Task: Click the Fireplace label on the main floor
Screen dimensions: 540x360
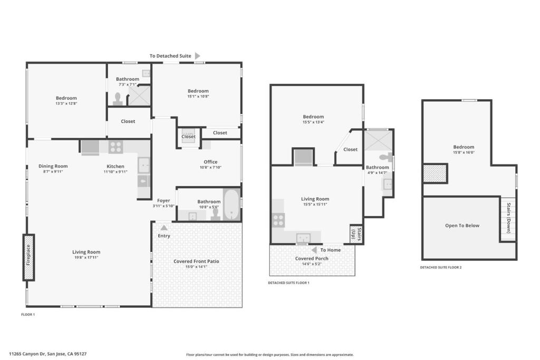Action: (28, 255)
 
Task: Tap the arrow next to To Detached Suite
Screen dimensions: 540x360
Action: (197, 56)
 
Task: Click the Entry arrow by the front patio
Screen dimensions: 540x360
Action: (164, 228)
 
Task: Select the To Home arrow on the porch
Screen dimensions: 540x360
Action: (314, 250)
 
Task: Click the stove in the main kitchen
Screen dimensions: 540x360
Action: (115, 147)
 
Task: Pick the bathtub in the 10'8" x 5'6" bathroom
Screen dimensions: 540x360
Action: (232, 205)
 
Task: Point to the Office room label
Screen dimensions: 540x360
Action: (210, 162)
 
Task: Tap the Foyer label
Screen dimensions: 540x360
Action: (163, 201)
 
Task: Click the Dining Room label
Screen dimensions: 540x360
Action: (53, 166)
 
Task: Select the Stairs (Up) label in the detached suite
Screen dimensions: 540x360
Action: (356, 234)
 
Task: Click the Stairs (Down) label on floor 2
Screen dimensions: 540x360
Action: (509, 218)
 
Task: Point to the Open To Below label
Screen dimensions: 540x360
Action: (462, 226)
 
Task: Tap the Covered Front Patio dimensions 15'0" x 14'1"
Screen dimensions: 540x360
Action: (196, 266)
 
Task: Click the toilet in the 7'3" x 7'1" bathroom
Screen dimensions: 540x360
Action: (118, 99)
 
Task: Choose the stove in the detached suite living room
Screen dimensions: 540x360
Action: (278, 220)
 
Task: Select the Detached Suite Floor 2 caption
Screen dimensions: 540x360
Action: (440, 267)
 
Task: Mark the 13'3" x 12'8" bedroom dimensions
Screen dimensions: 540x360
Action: (66, 103)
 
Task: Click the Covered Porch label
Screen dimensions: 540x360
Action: (312, 258)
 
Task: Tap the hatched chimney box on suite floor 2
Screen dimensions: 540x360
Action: (435, 173)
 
